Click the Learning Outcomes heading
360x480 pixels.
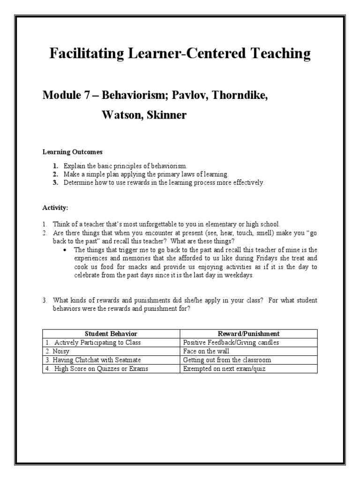pos(72,152)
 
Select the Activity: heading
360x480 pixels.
pos(55,207)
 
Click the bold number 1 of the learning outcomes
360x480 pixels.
pos(55,166)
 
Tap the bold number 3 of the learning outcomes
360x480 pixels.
pos(55,183)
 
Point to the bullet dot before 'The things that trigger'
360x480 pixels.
pos(65,250)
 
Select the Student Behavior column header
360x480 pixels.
pos(111,334)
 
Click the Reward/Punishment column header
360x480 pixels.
pos(248,334)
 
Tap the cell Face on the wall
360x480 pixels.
pos(206,351)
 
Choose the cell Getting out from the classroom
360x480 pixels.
pos(227,360)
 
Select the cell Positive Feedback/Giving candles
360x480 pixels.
pos(231,343)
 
